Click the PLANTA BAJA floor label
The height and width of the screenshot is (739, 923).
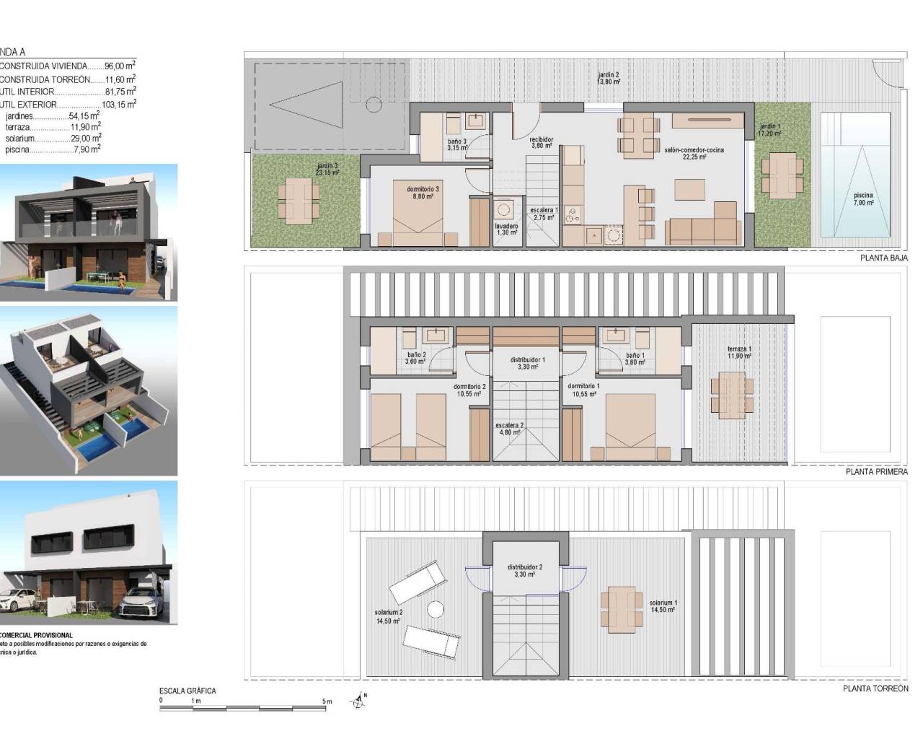coord(883,258)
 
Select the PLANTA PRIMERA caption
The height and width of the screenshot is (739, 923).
coord(876,472)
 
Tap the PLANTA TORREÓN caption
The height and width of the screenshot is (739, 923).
coord(875,689)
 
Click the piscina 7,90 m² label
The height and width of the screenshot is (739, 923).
coord(863,199)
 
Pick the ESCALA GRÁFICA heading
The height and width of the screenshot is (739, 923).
coord(187,691)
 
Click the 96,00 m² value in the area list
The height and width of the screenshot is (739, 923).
coord(120,66)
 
